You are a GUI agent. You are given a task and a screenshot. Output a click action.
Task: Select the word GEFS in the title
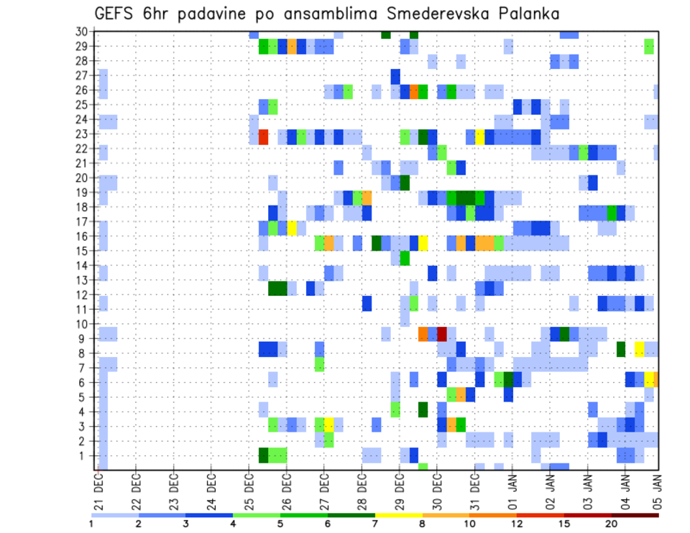(114, 14)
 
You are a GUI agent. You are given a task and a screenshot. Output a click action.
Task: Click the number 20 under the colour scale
(611, 523)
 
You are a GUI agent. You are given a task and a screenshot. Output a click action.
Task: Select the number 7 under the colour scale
(375, 523)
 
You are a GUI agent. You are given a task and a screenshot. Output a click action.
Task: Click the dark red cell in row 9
(442, 334)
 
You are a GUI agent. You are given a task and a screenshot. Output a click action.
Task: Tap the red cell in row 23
(263, 136)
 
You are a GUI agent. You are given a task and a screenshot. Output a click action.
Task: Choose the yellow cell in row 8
(640, 349)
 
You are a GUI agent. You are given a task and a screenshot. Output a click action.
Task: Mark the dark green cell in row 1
(263, 455)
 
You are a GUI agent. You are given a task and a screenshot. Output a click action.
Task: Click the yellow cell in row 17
(292, 228)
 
